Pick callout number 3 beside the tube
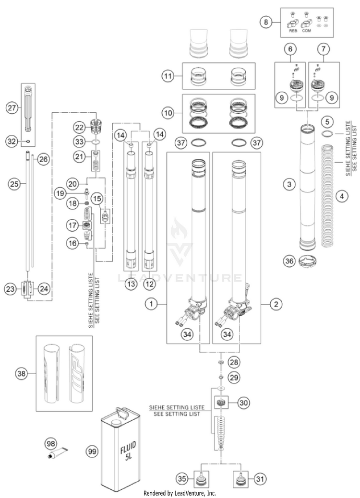point(288,198)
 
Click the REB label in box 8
point(293,30)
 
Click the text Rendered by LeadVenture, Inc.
point(180,493)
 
